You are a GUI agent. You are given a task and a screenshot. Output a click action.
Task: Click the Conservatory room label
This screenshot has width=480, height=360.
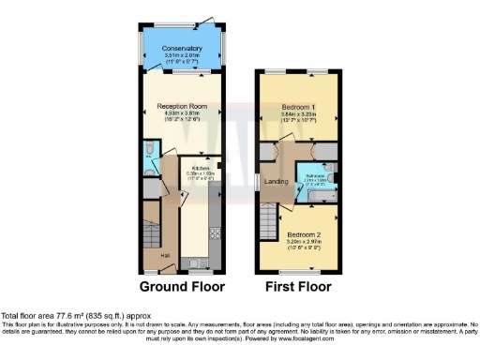click(182, 48)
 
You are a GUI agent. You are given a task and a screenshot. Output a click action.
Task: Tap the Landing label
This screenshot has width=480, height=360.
click(277, 181)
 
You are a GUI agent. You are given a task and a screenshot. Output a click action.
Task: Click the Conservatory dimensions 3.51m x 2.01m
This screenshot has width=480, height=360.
click(182, 55)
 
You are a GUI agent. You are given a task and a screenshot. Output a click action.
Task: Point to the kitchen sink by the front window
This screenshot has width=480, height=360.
click(196, 263)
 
